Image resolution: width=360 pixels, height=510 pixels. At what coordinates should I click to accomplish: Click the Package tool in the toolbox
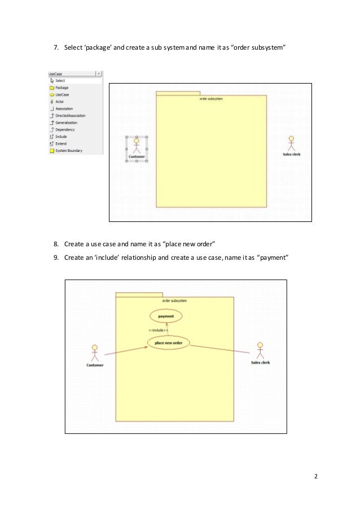62,88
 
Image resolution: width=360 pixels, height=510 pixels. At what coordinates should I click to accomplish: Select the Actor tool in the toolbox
59,102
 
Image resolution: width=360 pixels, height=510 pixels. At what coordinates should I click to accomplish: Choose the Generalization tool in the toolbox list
66,123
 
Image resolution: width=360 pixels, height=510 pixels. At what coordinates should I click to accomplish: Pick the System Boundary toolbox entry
68,150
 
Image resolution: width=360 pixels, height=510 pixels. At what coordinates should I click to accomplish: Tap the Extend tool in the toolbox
61,143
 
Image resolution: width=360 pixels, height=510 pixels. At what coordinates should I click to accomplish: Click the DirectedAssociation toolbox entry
70,116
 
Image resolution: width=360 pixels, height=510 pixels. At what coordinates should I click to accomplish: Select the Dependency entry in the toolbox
64,129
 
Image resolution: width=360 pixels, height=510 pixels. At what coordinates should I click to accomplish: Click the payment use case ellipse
166,316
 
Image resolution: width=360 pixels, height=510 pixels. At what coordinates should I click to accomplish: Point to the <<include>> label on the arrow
158,330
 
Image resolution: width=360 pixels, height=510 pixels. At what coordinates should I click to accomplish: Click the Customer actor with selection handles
137,148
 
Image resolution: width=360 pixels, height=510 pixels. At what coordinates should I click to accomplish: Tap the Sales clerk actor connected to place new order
260,353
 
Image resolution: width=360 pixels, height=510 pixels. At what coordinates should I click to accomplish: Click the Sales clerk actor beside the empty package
291,146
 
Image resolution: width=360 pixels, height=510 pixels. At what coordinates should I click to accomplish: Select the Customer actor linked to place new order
95,355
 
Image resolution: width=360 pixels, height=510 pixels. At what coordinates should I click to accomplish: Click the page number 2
316,476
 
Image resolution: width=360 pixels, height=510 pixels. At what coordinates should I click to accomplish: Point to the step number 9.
56,258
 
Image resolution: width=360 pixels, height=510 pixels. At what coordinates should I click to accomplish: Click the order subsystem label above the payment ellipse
174,300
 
